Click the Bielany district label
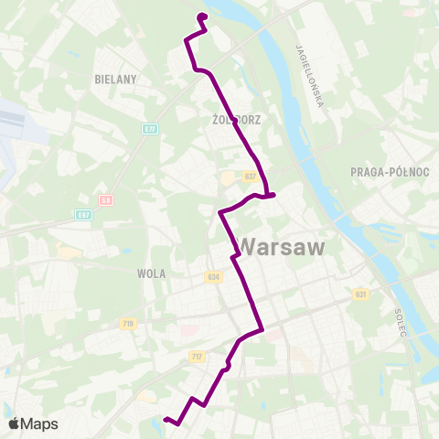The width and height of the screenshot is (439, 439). point(115,80)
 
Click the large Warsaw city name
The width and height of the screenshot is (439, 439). point(285,245)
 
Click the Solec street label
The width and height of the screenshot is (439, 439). point(401,320)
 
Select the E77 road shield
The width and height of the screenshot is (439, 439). point(150,130)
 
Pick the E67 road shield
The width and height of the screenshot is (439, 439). point(84,214)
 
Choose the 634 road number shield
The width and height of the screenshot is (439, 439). point(214,275)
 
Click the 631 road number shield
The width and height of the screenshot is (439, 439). point(360,294)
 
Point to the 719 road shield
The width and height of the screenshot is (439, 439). point(127,323)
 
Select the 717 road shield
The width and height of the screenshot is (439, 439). point(197,355)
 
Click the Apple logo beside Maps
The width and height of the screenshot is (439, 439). point(15,423)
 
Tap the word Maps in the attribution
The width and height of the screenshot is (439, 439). point(40,423)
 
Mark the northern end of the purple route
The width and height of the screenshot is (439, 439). point(201,16)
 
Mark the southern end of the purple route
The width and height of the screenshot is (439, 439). point(166,419)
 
